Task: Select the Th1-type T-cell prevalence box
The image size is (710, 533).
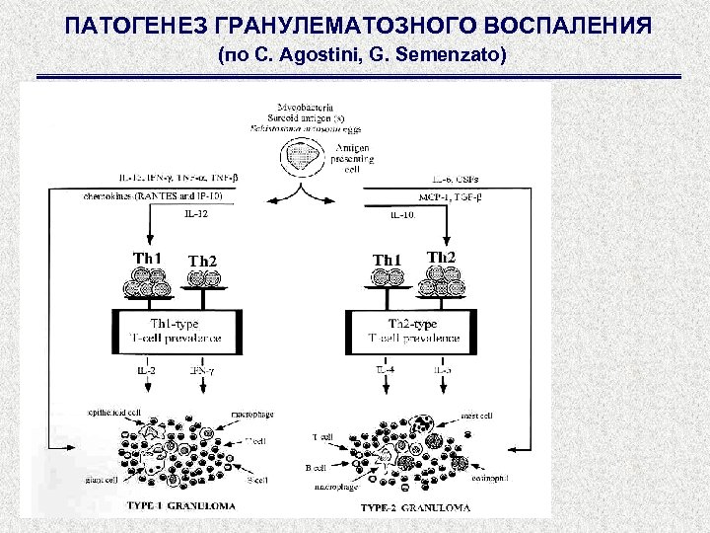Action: click(183, 331)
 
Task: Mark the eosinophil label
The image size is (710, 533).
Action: click(491, 477)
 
